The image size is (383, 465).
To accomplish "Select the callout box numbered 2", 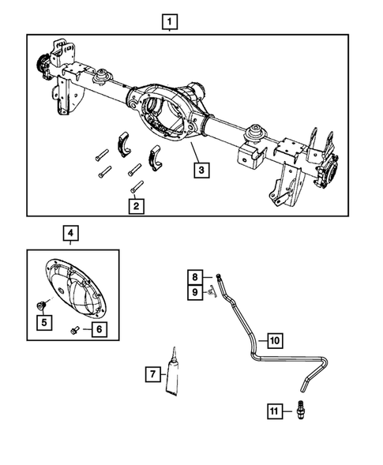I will coord(137,206).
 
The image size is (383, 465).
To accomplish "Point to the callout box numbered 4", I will coord(71,233).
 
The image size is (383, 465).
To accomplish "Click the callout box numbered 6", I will coord(98,329).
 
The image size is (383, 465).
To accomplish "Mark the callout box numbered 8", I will coord(193,276).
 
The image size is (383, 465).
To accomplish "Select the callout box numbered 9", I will coord(193,293).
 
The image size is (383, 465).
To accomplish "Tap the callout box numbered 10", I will coord(274,340).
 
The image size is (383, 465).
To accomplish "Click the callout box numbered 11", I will coord(274,411).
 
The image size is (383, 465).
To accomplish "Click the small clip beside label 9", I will coord(211,293).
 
